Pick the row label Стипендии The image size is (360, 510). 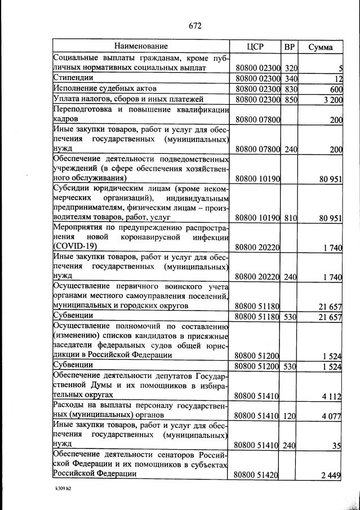[x=73, y=78]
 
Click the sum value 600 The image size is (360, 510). [x=336, y=89]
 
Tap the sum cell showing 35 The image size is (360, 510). [x=337, y=445]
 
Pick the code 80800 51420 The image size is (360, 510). [x=257, y=474]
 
